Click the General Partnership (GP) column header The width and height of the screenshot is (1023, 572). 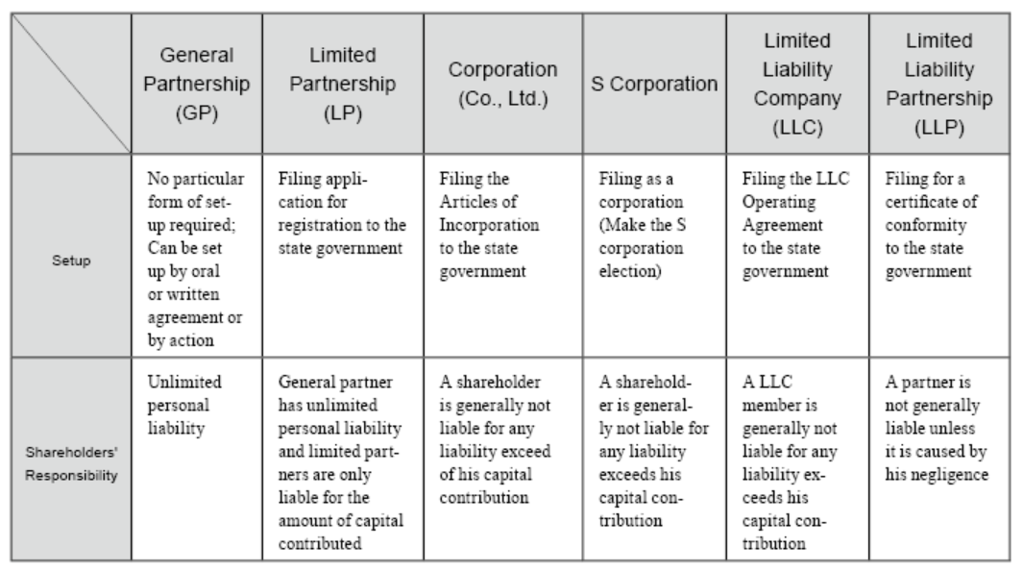196,84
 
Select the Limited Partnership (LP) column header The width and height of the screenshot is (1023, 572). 343,84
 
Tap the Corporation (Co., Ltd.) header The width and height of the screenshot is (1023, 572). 502,84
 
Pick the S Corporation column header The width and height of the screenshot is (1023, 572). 654,84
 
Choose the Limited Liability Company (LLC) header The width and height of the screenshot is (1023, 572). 797,84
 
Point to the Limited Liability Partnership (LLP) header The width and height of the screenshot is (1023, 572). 938,84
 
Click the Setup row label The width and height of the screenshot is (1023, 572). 71,261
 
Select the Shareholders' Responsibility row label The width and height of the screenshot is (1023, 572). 71,463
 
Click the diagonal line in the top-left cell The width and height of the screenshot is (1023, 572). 71,84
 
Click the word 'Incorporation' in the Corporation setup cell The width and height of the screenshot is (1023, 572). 489,225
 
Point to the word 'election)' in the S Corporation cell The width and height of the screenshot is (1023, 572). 629,271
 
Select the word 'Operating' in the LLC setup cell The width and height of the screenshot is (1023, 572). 778,203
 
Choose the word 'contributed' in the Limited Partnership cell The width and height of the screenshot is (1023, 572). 320,543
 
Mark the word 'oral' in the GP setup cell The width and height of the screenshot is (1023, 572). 205,271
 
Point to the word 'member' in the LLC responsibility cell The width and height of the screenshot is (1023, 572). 770,406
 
